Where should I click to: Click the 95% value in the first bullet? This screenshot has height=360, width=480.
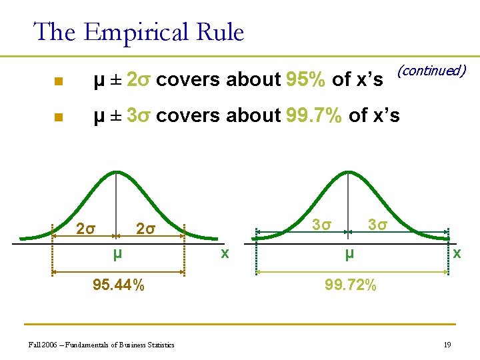click(x=305, y=80)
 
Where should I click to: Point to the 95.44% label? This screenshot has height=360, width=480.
click(x=118, y=285)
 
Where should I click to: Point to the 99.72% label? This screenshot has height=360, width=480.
click(x=351, y=285)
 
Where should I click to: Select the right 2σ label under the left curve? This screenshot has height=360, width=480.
click(x=145, y=230)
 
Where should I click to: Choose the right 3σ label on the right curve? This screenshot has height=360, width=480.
click(x=377, y=224)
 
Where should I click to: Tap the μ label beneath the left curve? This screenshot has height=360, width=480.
click(x=117, y=254)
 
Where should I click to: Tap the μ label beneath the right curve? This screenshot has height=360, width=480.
click(x=349, y=254)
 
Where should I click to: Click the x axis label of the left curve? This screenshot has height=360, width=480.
click(x=225, y=253)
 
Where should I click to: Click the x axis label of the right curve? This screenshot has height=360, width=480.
click(x=456, y=253)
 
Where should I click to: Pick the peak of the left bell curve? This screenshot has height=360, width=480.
click(x=117, y=173)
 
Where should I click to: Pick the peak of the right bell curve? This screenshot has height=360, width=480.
click(x=349, y=173)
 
